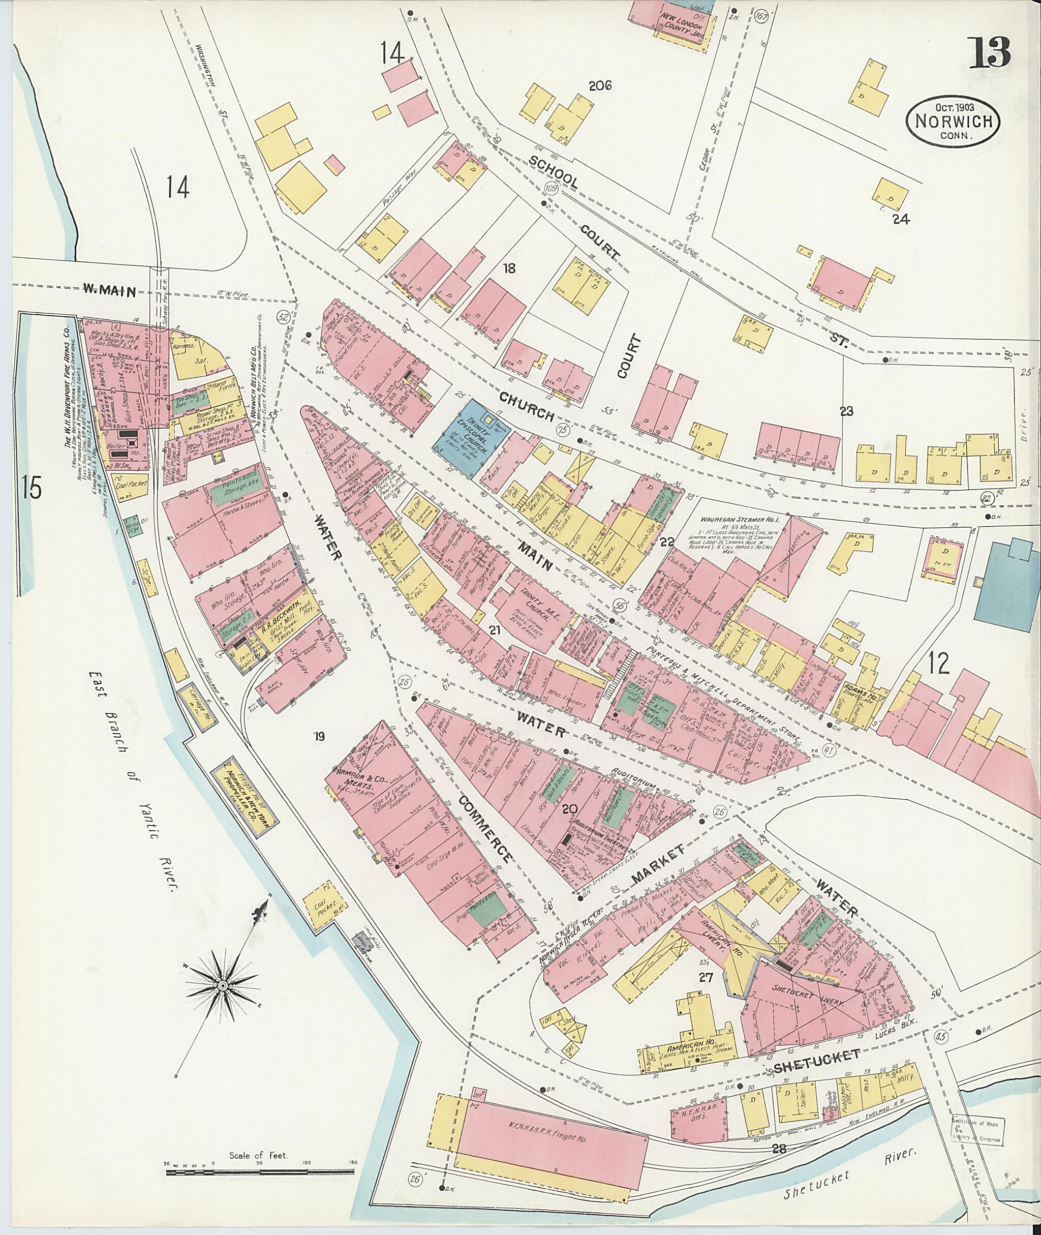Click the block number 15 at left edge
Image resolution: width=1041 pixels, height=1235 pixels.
click(29, 490)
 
